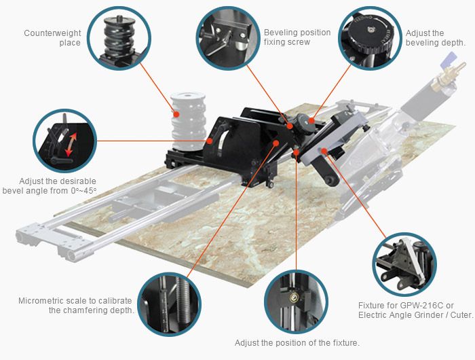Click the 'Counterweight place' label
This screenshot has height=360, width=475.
tap(52, 37)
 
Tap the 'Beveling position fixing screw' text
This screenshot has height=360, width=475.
tap(297, 37)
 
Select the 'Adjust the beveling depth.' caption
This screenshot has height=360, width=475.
tap(435, 38)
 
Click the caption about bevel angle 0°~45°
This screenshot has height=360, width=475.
tap(50, 186)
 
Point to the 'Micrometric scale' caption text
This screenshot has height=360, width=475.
tap(76, 306)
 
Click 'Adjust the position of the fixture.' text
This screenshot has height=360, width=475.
tap(297, 343)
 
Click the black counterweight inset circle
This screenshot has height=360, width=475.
tap(119, 39)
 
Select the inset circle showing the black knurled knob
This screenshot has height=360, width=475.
tap(370, 38)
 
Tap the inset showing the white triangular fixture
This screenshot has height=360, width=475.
tap(404, 265)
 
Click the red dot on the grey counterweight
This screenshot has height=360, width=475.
tap(176, 114)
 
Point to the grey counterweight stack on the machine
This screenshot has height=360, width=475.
tap(188, 121)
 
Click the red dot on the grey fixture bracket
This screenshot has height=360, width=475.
tap(324, 150)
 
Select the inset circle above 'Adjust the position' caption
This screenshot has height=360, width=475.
tap(296, 302)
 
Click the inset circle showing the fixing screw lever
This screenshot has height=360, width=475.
tap(228, 37)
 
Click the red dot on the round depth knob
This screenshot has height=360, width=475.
tap(311, 120)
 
